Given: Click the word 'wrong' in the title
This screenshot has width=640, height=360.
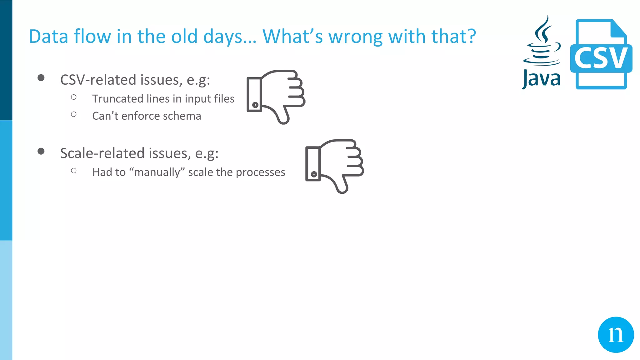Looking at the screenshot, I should (x=356, y=37).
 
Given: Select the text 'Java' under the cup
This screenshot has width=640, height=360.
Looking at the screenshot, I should (x=541, y=79).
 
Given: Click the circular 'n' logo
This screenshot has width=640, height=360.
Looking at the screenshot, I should (x=616, y=335).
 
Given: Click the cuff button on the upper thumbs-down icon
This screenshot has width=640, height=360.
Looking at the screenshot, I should (x=255, y=105).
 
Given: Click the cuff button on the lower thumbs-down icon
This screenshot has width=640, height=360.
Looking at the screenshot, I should (x=314, y=174).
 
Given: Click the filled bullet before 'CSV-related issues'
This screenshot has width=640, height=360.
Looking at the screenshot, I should (x=41, y=78).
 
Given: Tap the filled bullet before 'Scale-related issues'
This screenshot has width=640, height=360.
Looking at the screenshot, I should (x=41, y=151).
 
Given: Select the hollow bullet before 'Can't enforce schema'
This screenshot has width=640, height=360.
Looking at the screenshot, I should (x=74, y=114).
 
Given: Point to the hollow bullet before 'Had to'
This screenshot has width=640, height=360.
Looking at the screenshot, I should (x=74, y=171).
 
